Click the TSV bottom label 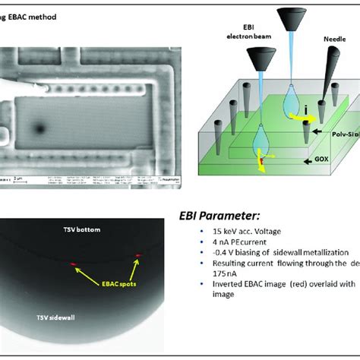(83, 229)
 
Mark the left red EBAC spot (74, 263)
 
